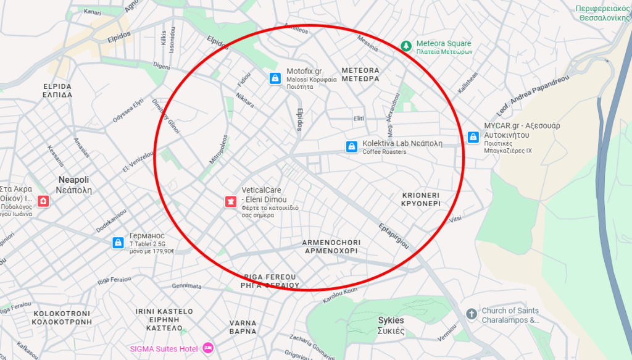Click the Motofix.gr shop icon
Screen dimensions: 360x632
(x=275, y=78)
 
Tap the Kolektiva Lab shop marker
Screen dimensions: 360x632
(x=352, y=146)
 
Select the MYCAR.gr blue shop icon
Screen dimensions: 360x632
(x=473, y=137)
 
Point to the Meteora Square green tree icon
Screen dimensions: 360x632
(x=405, y=45)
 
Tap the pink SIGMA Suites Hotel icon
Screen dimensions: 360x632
(x=207, y=348)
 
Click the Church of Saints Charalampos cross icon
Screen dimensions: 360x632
(x=472, y=314)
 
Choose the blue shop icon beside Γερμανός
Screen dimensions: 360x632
(x=118, y=243)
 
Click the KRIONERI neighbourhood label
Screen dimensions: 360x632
(x=420, y=199)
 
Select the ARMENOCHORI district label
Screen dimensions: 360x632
(x=331, y=247)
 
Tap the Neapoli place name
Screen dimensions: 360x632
(x=74, y=185)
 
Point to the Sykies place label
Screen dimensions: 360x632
(x=391, y=325)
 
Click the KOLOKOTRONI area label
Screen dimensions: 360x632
(x=61, y=317)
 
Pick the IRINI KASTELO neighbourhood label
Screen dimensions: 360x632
(x=164, y=319)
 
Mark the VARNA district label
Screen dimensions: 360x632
(x=243, y=327)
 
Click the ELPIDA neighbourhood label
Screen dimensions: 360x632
(x=57, y=91)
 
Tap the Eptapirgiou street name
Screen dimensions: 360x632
(x=393, y=235)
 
